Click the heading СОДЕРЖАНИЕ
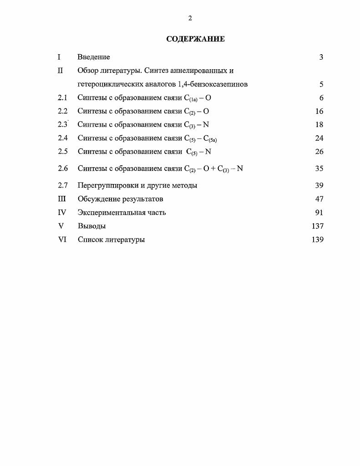pyautogui.click(x=195, y=39)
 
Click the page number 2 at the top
pyautogui.click(x=190, y=18)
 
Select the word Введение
pyautogui.click(x=94, y=57)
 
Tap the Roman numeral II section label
pyautogui.click(x=60, y=71)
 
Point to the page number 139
pyautogui.click(x=317, y=240)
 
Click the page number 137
pyautogui.click(x=317, y=226)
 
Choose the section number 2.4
pyautogui.click(x=63, y=138)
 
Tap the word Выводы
pyautogui.click(x=91, y=226)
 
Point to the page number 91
pyautogui.click(x=319, y=212)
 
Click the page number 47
pyautogui.click(x=319, y=199)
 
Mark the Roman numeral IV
pyautogui.click(x=62, y=212)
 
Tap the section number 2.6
pyautogui.click(x=63, y=169)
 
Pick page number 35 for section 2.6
pyautogui.click(x=319, y=169)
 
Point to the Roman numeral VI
pyautogui.click(x=62, y=240)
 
